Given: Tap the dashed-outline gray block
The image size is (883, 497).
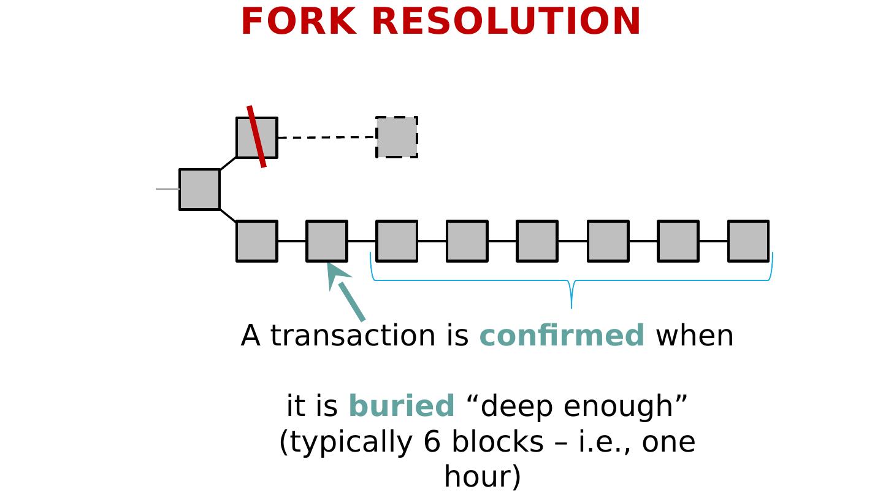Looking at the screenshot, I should coord(397,137).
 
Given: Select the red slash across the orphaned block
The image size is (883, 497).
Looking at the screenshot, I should coord(257,136).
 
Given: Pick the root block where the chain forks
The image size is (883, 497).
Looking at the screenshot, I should coord(199,190).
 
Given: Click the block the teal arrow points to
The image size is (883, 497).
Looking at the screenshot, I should coord(327,241).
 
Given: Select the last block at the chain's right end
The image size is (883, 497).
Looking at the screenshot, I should coord(748,241).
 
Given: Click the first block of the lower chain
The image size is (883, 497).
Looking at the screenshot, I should coord(256,241).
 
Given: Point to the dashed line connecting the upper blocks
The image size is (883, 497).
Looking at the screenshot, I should coord(326,137).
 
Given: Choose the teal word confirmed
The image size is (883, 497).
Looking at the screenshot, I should coord(562,336).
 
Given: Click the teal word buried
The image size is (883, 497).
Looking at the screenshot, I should coord(401,406).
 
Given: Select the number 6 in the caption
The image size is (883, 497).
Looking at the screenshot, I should coord(432,442).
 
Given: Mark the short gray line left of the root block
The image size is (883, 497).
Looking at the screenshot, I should coord(167,190).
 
